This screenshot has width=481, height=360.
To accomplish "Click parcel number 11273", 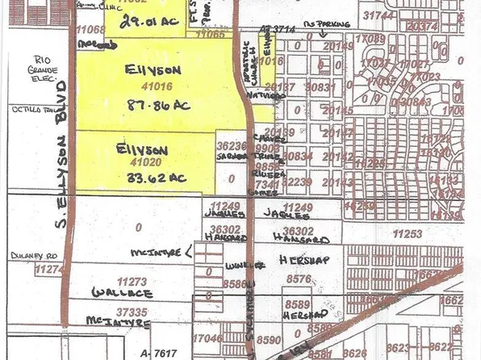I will [x=132, y=281].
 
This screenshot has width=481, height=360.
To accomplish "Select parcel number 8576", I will [x=299, y=278].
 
